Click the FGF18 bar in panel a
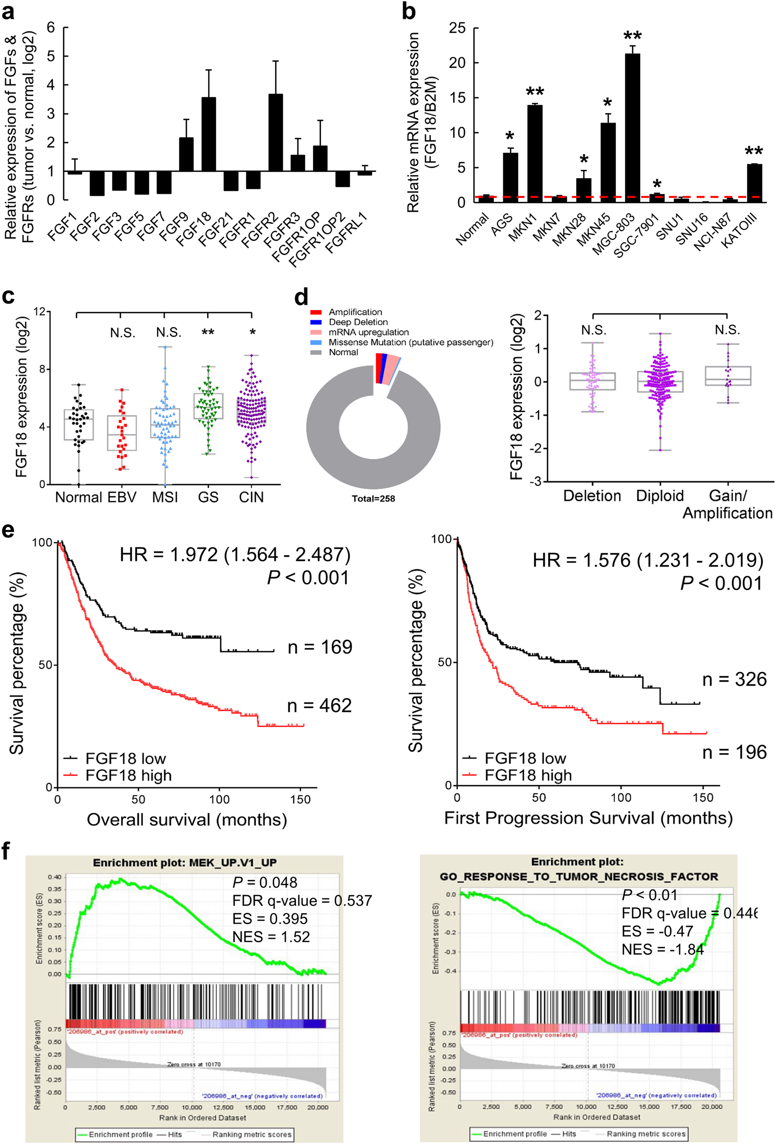coord(209,134)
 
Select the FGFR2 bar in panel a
coord(275,132)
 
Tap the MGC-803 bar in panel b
coord(632,128)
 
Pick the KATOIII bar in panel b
coord(754,183)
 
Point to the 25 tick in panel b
coord(457,28)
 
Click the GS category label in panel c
coord(208,497)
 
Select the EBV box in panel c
coord(122,433)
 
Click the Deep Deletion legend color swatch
coord(316,322)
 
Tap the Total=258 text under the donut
coord(373,499)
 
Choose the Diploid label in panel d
coord(659,496)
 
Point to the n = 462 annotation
coord(319,706)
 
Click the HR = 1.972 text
coord(235,555)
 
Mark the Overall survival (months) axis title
coord(187,820)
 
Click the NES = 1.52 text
coord(271,937)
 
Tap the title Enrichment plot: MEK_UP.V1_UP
coord(184,863)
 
